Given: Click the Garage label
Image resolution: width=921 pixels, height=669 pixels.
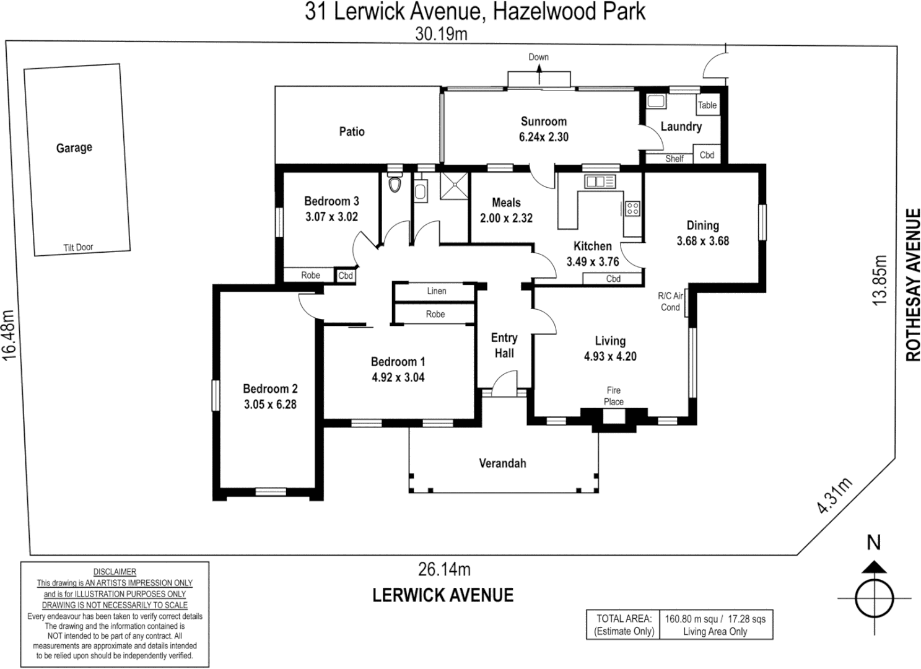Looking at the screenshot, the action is pyautogui.click(x=74, y=147).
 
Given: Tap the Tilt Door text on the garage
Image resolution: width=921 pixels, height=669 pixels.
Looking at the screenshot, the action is pyautogui.click(x=78, y=247).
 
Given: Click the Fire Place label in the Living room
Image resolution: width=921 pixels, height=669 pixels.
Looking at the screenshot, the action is pyautogui.click(x=614, y=396).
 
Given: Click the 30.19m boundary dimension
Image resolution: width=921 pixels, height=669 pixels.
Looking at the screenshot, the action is pyautogui.click(x=441, y=33).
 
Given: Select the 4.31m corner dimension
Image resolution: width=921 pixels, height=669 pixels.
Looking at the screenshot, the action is pyautogui.click(x=835, y=496).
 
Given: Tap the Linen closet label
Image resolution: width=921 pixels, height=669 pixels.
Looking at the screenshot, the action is pyautogui.click(x=436, y=291).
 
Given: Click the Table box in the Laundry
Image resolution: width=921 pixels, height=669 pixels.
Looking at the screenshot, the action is pyautogui.click(x=707, y=105).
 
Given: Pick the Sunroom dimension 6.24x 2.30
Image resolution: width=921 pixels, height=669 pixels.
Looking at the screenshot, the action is pyautogui.click(x=543, y=137).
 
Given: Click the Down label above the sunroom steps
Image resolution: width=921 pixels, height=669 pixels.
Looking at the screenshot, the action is pyautogui.click(x=538, y=57).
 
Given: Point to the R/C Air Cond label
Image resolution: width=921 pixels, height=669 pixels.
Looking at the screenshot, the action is pyautogui.click(x=670, y=302).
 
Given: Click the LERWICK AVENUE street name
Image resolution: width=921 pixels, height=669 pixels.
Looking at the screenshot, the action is pyautogui.click(x=443, y=595).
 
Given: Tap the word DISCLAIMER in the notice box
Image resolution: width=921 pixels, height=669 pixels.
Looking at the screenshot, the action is pyautogui.click(x=115, y=572).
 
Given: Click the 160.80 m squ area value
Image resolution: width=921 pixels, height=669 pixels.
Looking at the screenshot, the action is pyautogui.click(x=692, y=618).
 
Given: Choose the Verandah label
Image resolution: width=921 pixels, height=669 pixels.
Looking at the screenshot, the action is pyautogui.click(x=502, y=463).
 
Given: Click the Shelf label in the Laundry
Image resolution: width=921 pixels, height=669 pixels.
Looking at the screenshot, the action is pyautogui.click(x=674, y=159).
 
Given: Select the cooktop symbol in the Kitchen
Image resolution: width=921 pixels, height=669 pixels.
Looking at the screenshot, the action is pyautogui.click(x=632, y=209).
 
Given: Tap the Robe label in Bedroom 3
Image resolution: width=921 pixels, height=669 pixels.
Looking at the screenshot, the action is pyautogui.click(x=310, y=275).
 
